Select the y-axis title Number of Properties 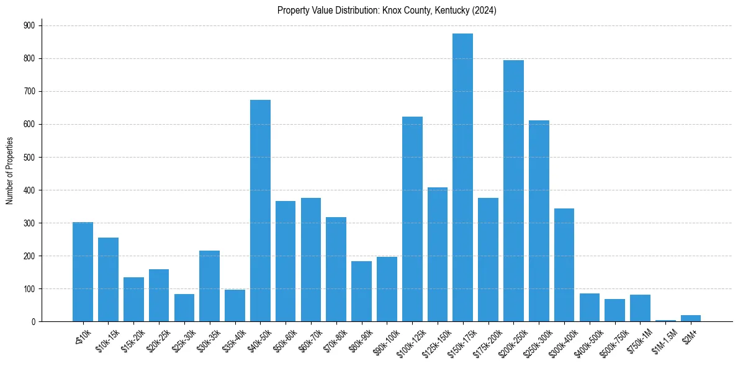tap(9, 171)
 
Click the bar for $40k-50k tap(260, 211)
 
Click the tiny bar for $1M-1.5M tap(665, 320)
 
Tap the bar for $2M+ tap(691, 318)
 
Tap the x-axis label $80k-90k tap(360, 338)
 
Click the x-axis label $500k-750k tap(611, 340)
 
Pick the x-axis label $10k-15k tap(107, 338)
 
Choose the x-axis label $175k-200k tap(485, 340)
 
